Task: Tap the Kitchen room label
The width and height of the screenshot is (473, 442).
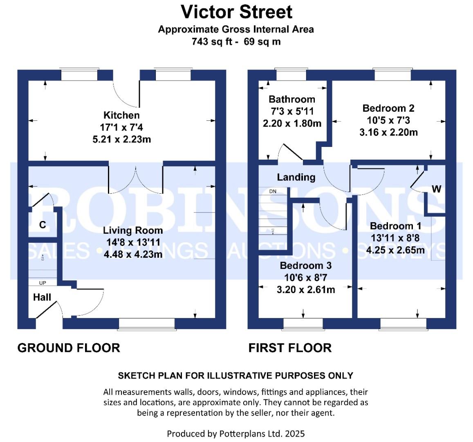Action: coord(121,115)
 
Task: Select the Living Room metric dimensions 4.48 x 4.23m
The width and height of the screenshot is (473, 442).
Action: coord(133,255)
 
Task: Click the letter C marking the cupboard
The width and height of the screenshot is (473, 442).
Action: coord(42,225)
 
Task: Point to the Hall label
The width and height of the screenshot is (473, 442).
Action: coord(42,297)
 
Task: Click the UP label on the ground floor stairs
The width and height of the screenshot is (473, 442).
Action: coord(43,283)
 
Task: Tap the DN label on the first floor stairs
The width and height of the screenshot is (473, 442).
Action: coord(273,192)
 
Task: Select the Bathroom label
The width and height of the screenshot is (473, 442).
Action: coord(292,99)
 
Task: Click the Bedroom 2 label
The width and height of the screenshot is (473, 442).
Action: coord(388,108)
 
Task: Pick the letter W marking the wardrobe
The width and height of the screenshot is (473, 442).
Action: coord(437,189)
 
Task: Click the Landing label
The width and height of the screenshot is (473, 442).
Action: coord(296,177)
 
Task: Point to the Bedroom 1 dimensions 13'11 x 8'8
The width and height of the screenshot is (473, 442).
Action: coord(395,238)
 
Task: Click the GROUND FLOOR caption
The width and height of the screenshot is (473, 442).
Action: coord(69,348)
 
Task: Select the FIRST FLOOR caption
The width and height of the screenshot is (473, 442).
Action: coord(290,348)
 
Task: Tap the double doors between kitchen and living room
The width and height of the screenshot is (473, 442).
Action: coord(136,178)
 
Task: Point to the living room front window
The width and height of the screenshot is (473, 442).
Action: coord(147,324)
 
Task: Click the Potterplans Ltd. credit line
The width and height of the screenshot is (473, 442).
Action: coord(236,433)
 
